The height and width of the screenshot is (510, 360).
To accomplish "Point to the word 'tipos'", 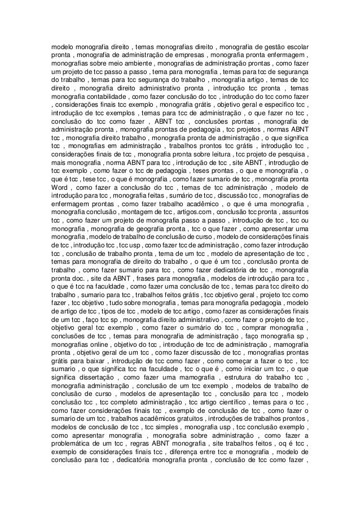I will pyautogui.click(x=115, y=312).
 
